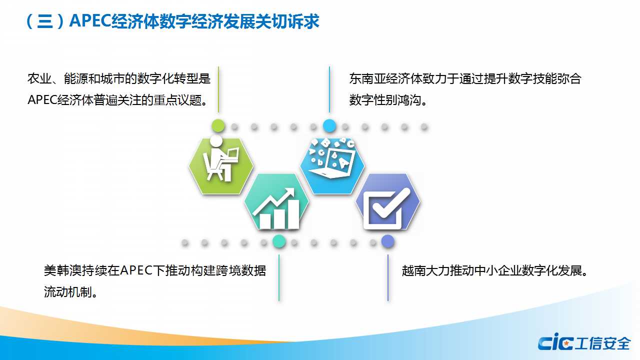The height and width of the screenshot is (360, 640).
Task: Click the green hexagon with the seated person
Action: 221,166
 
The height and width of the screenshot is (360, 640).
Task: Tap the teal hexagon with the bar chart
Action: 276,201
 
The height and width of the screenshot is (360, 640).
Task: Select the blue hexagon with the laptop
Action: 332,166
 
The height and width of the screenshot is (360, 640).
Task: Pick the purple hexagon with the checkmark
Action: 387,201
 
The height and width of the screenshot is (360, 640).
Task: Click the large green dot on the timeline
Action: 218,126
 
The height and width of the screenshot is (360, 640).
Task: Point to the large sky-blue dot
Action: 329,126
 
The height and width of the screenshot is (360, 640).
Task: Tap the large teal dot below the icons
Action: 279,241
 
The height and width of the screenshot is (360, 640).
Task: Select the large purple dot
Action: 387,241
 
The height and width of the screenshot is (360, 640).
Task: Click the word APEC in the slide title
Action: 90,20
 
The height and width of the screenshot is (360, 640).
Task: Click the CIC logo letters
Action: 555,341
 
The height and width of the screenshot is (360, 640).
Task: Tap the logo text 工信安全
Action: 602,343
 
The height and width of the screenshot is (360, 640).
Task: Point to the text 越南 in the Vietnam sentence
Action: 413,270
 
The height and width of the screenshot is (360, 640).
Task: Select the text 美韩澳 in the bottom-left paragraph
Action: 62,270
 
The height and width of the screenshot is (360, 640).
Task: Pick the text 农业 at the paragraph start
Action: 39,78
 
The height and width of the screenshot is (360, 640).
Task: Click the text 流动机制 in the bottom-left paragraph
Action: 67,292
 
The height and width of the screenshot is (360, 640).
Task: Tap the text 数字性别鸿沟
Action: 385,100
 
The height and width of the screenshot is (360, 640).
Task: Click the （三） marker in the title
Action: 44,21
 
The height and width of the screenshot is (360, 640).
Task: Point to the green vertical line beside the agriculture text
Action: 218,89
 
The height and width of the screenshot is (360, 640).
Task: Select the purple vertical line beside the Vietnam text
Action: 387,277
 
